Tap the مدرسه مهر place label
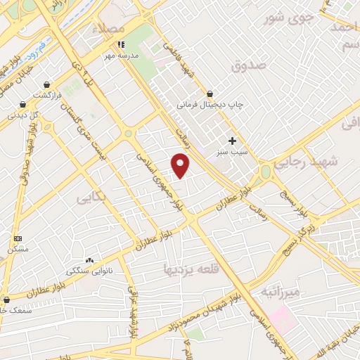[x=122, y=55]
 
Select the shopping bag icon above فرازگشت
[x=47, y=84]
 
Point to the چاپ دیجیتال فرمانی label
[x=210, y=104]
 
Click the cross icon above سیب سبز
[x=232, y=140]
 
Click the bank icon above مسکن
[x=17, y=239]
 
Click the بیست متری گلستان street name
[x=91, y=127]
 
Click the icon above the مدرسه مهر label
[x=120, y=44]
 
